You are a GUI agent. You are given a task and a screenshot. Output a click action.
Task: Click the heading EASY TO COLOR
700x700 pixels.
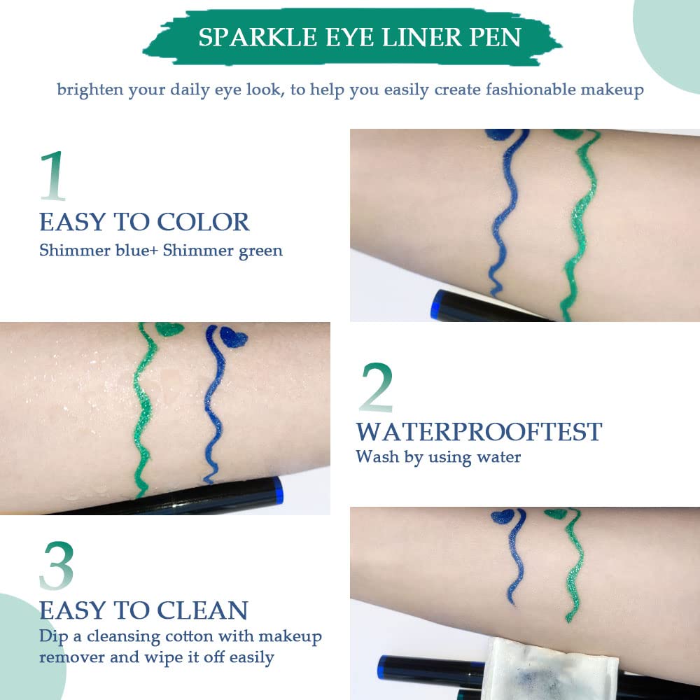click(144, 222)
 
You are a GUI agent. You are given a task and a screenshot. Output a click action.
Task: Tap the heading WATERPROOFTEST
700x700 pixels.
click(479, 431)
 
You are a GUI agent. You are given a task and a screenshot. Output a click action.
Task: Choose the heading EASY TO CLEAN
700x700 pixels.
click(143, 610)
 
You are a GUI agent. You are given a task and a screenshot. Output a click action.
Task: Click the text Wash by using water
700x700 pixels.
click(438, 457)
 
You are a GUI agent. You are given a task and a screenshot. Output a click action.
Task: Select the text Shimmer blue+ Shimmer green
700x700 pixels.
click(161, 250)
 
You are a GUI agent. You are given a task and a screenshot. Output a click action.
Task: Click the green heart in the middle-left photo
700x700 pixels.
click(168, 328)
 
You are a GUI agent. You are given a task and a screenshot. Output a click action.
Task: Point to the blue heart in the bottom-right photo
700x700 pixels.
click(503, 517)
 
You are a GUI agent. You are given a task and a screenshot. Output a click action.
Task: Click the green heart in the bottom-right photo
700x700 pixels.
click(558, 514)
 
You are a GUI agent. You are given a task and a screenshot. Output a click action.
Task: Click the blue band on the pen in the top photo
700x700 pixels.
click(437, 303)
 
